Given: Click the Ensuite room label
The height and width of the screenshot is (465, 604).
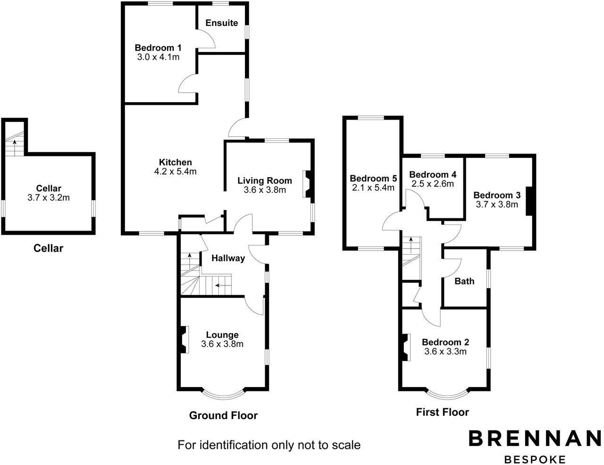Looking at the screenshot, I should coord(221,23).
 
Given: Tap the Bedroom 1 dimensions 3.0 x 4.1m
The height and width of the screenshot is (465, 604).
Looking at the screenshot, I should coord(158,58).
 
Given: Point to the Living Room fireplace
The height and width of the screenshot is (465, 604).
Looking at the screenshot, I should coord(307,183).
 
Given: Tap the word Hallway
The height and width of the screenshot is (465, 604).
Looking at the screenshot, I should coord(228,258).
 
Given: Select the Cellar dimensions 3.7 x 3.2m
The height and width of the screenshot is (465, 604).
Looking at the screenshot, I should coord(49,198).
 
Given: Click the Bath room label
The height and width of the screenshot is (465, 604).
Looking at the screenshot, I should coord(464,281).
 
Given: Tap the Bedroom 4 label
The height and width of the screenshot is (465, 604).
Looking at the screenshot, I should coord(433,174).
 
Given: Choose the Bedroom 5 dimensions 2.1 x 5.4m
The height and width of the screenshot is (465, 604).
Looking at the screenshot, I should coord(373,188).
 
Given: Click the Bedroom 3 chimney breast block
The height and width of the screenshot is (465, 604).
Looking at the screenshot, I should coord(529,201).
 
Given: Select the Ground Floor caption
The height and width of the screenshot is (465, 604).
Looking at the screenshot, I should coord(223,415).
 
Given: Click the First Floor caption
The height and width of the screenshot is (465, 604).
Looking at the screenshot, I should coord(442,412).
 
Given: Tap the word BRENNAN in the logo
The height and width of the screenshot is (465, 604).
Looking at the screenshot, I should coord(535,438).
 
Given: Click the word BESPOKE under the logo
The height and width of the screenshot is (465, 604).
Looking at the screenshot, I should coord(535,459).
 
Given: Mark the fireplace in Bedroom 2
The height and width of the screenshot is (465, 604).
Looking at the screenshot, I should coord(404,347).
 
